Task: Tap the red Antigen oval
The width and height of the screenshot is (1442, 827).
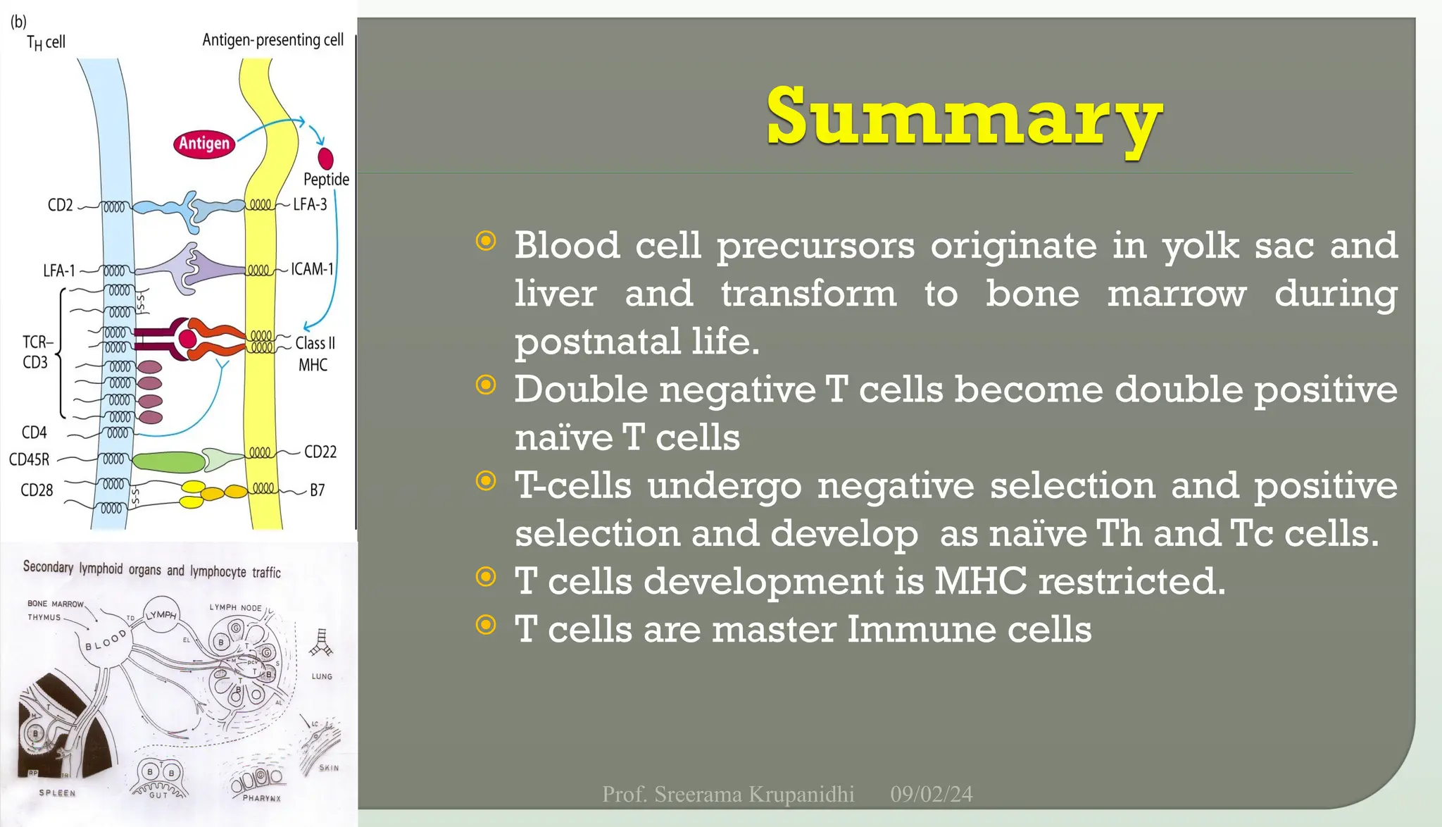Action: point(204,144)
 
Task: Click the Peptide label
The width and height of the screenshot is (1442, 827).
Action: point(326,179)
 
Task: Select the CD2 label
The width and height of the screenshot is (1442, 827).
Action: point(60,205)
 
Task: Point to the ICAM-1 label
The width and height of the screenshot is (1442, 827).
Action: point(313,269)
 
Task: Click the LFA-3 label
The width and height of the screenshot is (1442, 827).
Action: point(311,204)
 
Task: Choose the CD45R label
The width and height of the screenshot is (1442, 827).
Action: point(30,459)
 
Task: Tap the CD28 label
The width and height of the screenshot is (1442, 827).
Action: point(37,490)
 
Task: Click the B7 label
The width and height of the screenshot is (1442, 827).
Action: point(318,490)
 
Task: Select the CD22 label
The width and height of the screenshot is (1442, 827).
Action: point(320,452)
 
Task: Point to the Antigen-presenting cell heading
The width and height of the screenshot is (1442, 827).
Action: point(272,39)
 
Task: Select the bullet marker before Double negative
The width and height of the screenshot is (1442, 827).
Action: point(486,385)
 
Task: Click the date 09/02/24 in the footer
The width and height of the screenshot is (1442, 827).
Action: point(931,794)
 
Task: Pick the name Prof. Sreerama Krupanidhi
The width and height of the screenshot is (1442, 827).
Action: point(728,794)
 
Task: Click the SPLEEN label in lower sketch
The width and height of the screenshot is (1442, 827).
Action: point(57,792)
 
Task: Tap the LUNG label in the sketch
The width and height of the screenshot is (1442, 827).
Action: point(322,676)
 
